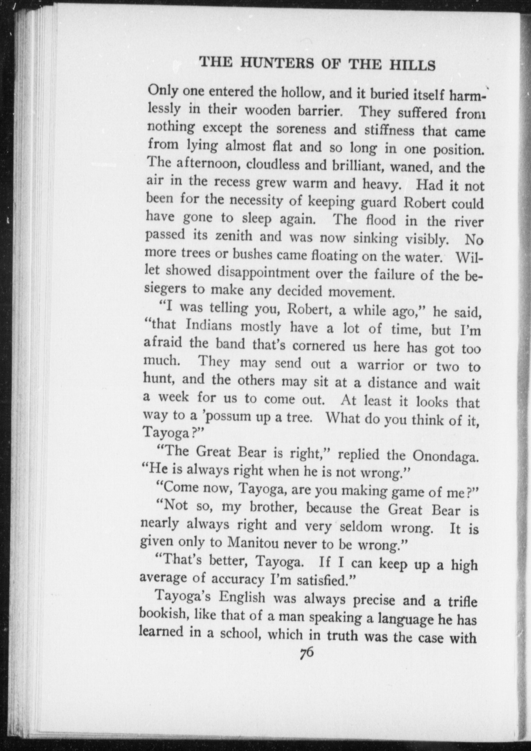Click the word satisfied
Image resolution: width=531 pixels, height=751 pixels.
322,580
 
